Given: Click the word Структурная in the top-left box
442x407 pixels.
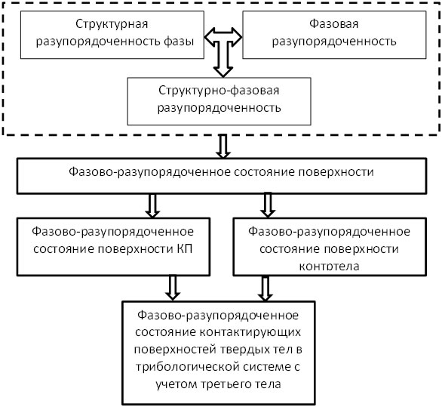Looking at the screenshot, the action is [112, 24].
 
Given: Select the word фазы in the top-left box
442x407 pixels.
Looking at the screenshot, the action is [179, 42].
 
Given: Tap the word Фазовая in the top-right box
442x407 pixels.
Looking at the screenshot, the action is [334, 23].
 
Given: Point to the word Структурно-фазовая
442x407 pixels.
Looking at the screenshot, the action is [219, 91].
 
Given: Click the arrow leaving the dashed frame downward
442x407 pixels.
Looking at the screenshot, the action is [223, 146].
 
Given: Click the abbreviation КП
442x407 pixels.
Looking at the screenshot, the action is [185, 249].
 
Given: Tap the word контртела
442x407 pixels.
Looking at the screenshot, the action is [330, 266].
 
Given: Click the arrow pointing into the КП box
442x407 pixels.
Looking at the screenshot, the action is [152, 205].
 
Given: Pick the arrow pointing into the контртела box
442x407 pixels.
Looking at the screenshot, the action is [268, 205].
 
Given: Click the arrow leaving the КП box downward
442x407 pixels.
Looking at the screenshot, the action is [173, 288].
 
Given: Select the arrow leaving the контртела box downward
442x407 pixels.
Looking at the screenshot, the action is [266, 288].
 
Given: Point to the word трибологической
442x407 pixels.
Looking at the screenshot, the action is [188, 367].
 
